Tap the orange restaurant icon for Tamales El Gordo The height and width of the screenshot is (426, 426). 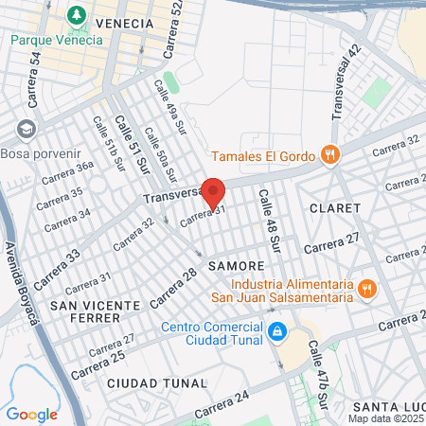pyautogui.click(x=329, y=155)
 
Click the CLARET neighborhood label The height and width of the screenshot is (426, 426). pyautogui.click(x=334, y=207)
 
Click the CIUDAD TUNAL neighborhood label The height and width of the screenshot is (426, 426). pyautogui.click(x=156, y=382)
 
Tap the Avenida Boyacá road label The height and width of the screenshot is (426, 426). pyautogui.click(x=25, y=285)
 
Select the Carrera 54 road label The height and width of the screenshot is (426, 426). pyautogui.click(x=36, y=74)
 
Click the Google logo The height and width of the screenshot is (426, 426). pyautogui.click(x=32, y=414)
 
